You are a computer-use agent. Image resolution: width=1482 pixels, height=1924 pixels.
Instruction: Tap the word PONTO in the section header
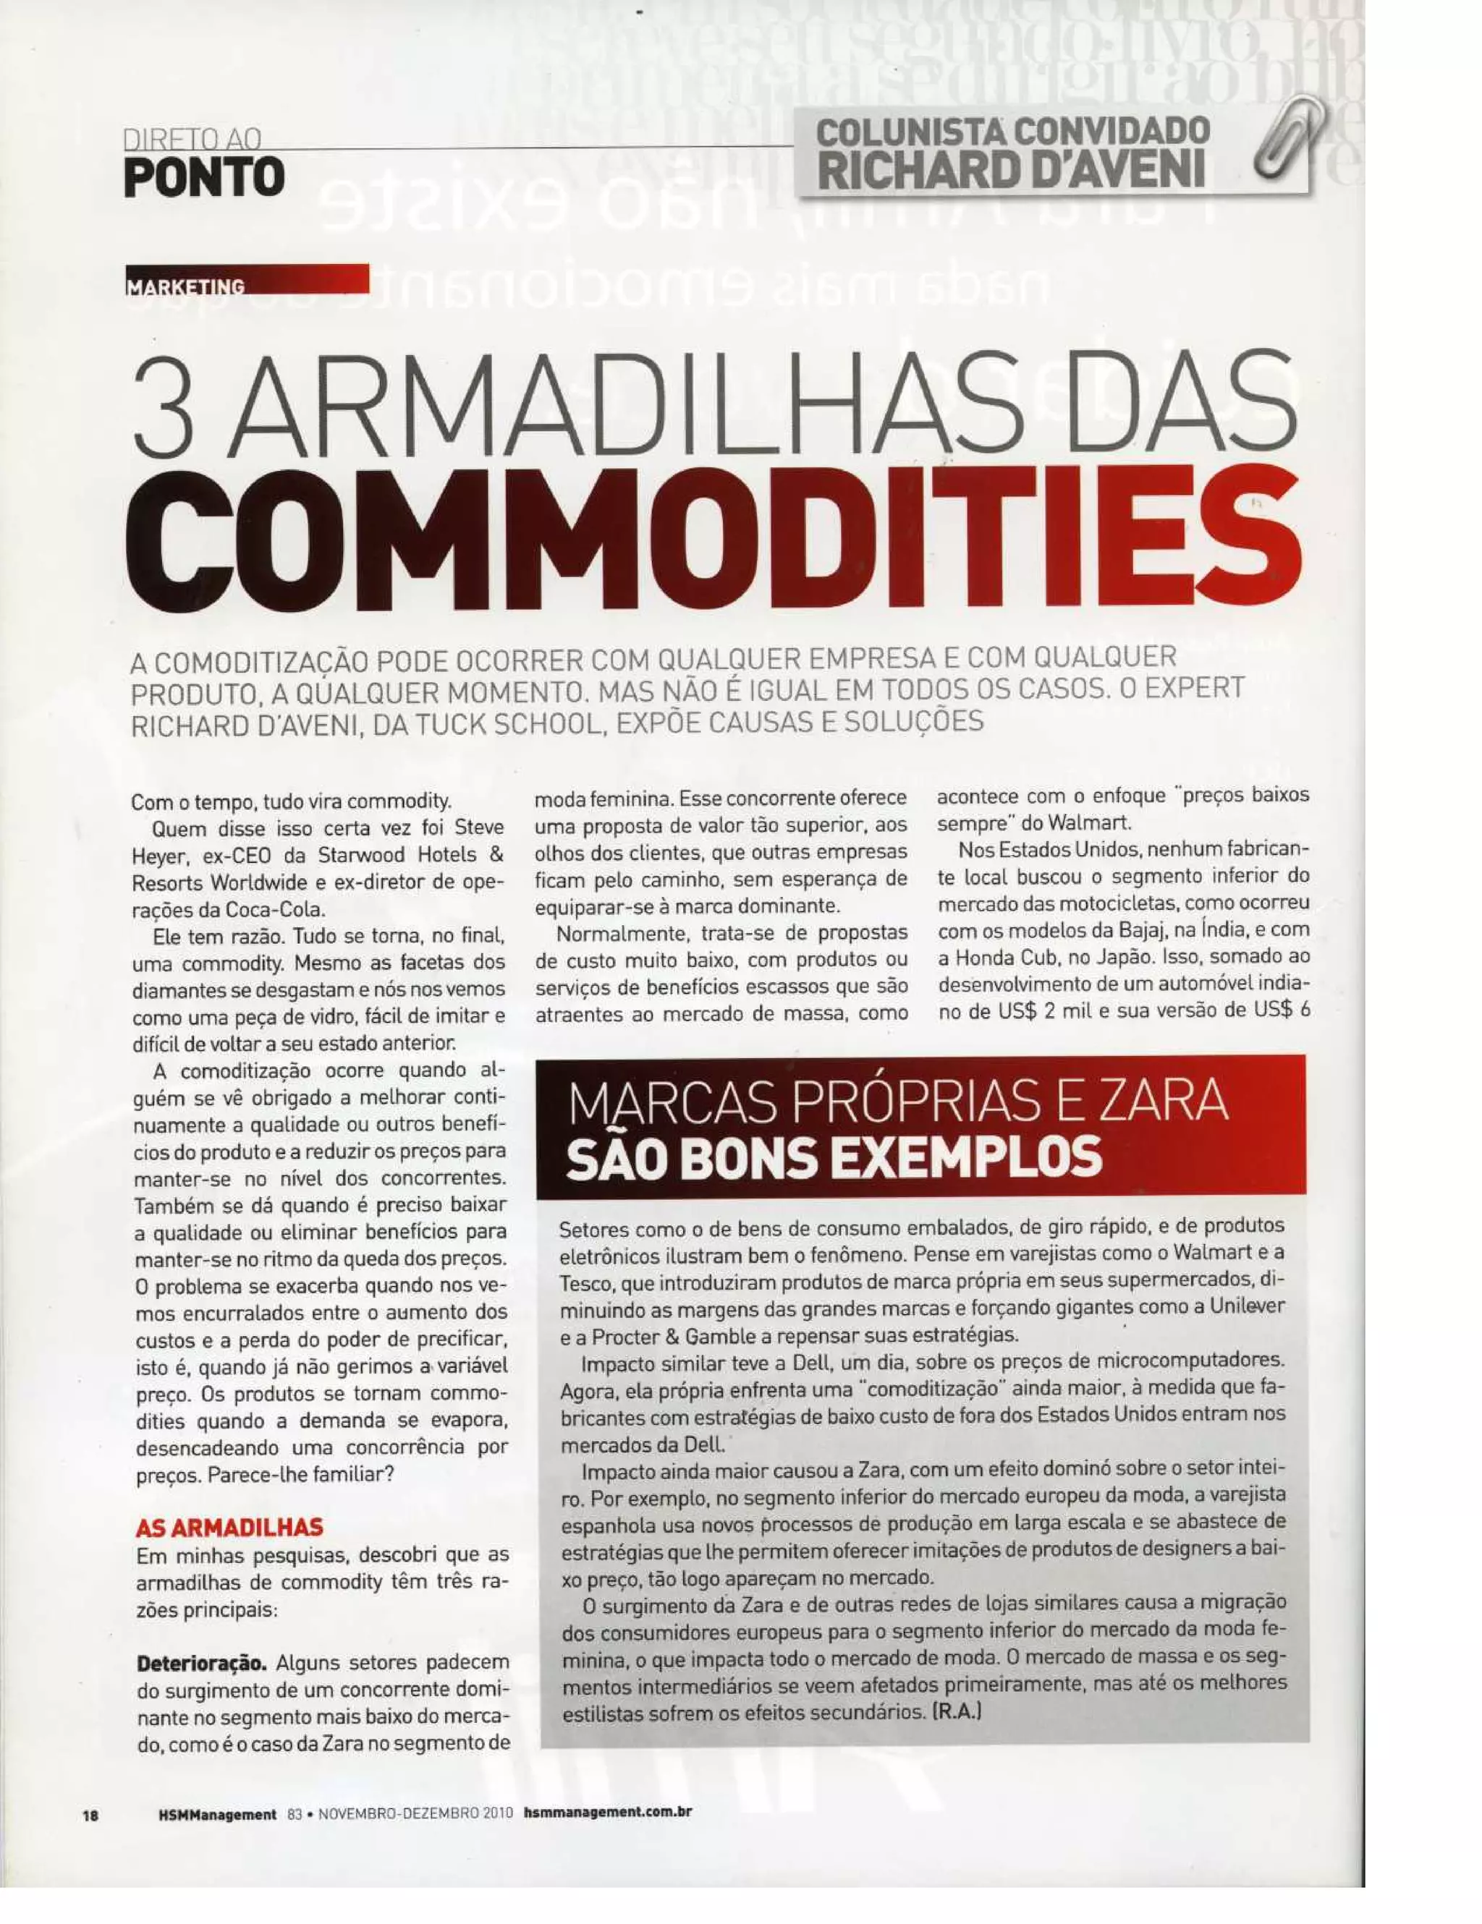(x=204, y=179)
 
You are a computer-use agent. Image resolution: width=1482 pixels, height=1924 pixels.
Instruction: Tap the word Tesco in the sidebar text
(x=584, y=1280)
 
